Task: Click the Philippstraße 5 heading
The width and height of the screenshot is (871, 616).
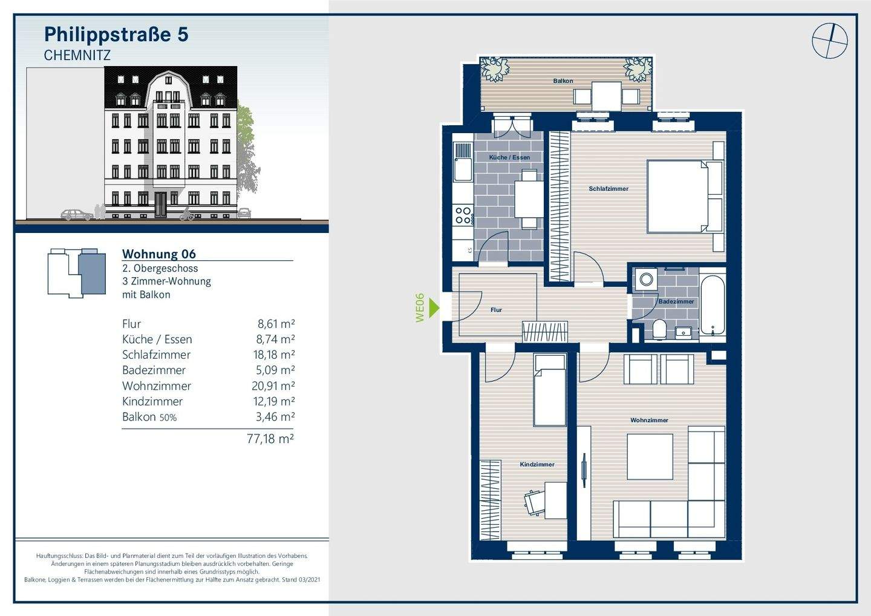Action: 116,34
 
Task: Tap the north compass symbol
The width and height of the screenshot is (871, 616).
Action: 830,41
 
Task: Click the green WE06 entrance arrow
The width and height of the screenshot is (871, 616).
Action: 434,308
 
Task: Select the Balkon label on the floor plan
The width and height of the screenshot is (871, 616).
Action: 563,81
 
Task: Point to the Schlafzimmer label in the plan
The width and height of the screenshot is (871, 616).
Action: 608,189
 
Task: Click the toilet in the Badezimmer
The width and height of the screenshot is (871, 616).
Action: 659,329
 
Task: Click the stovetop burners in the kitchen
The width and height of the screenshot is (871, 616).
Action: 463,215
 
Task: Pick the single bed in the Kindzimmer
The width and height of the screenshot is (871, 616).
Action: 550,390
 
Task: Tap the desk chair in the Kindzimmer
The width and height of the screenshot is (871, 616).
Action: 534,503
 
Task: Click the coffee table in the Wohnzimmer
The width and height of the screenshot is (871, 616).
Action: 650,457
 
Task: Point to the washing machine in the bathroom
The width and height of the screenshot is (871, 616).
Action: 646,280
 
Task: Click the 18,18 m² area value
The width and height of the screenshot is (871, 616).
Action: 274,355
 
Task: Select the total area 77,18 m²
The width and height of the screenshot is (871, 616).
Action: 270,439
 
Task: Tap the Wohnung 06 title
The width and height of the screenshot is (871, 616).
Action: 159,254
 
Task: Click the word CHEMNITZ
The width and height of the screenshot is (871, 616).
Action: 77,56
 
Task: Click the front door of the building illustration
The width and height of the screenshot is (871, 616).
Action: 160,204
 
